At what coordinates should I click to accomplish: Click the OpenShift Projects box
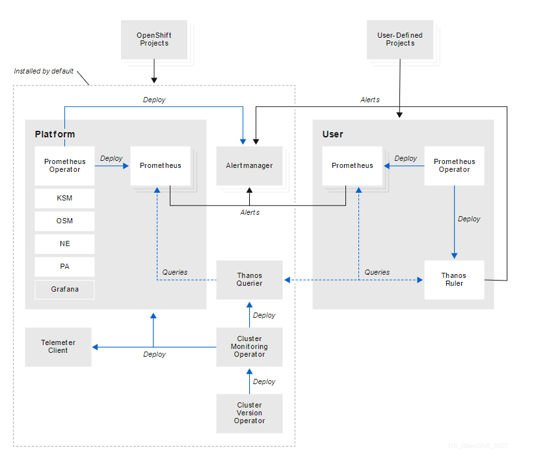click(x=154, y=40)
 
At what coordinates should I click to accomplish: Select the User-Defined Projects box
click(x=400, y=40)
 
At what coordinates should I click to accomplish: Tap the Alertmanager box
click(x=249, y=166)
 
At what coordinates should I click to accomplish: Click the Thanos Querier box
click(x=249, y=280)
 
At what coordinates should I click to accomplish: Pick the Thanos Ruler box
click(x=454, y=280)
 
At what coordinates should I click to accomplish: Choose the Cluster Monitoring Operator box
click(x=249, y=346)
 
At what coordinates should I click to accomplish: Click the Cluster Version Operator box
click(x=249, y=413)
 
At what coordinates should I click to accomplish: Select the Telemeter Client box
click(x=58, y=346)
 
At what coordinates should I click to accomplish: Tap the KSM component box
click(x=64, y=198)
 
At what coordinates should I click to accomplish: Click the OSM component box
click(x=64, y=221)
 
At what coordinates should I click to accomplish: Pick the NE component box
click(x=64, y=243)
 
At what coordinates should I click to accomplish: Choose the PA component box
click(x=64, y=266)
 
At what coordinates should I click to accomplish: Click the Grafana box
click(x=64, y=289)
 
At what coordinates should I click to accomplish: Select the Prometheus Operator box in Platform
click(x=64, y=166)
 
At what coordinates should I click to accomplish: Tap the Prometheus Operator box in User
click(x=454, y=166)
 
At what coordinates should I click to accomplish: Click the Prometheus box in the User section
click(x=352, y=166)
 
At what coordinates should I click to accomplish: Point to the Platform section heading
click(x=55, y=134)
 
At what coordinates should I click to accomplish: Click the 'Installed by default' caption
click(x=44, y=71)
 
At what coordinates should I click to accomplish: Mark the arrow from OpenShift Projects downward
click(x=154, y=70)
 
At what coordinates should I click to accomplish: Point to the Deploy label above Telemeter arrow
click(x=154, y=354)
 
